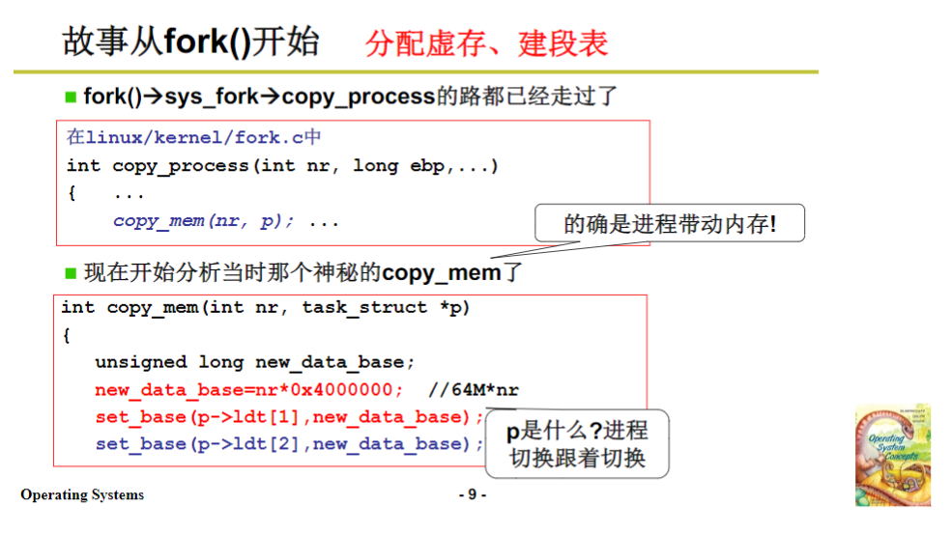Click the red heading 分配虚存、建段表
click(486, 42)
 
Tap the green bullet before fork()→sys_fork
click(71, 97)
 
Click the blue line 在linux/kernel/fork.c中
click(193, 138)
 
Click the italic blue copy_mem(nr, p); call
click(203, 221)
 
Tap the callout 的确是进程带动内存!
click(670, 225)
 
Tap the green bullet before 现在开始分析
click(71, 272)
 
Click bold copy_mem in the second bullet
click(442, 272)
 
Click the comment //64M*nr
click(473, 390)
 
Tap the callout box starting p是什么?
click(577, 443)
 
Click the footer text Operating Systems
click(82, 495)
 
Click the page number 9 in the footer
click(472, 495)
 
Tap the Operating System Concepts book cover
click(892, 456)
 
